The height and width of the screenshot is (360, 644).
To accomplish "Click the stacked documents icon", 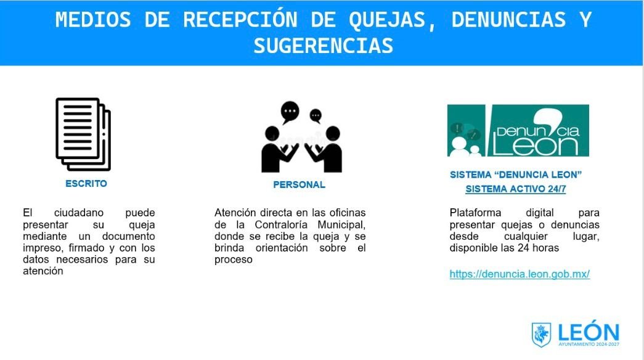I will [83, 134].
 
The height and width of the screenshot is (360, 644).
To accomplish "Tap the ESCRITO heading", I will [86, 184].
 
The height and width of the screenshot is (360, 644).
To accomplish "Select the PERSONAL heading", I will [299, 184].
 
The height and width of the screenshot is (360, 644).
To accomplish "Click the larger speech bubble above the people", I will [290, 112].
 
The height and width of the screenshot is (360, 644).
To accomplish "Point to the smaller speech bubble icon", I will [316, 115].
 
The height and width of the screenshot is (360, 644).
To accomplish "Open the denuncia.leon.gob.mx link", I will [520, 274].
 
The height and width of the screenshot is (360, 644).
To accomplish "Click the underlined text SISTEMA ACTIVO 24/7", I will [515, 189].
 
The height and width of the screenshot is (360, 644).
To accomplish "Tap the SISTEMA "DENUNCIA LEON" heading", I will [516, 175].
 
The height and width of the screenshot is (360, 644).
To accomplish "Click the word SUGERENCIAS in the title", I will [323, 46].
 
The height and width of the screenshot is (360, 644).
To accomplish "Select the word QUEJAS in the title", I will [392, 20].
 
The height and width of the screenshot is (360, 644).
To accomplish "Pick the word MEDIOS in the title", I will [93, 20].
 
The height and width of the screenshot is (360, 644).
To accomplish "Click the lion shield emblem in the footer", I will [542, 335].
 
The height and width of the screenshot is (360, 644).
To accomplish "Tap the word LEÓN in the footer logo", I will [589, 332].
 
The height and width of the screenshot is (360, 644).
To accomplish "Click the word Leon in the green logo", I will [536, 145].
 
